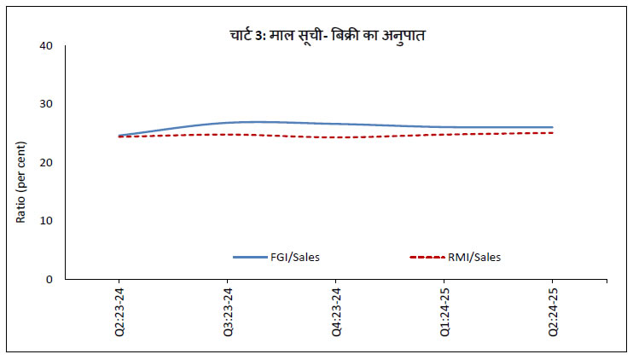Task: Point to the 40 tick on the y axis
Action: coord(47,45)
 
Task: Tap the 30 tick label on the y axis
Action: coord(47,104)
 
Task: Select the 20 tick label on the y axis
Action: coord(47,162)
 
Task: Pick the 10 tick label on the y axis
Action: coord(47,220)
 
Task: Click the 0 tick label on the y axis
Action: coord(50,279)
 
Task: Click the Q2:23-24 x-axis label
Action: coord(119,312)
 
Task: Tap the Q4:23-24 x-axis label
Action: coord(335,312)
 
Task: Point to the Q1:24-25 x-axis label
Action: coord(444,312)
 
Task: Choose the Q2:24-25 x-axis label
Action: coord(552,312)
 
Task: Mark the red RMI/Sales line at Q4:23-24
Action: coord(335,137)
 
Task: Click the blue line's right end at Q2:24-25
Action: coord(552,127)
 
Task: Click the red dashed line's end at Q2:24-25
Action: coord(552,132)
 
